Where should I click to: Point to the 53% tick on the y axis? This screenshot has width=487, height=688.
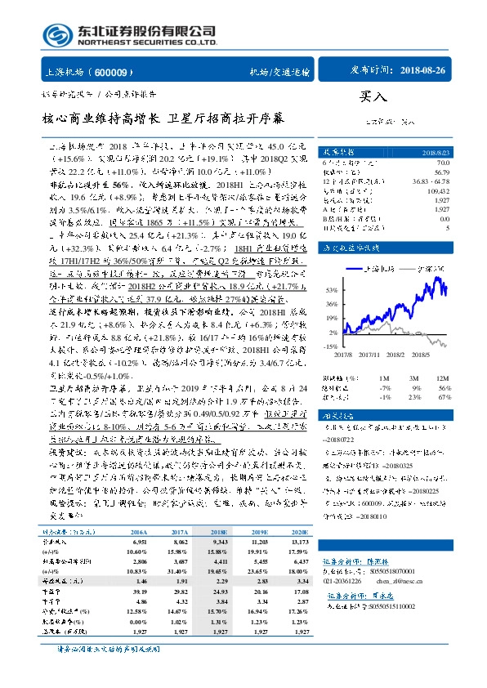click(x=332, y=290)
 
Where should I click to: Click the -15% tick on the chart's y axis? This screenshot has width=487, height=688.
click(x=331, y=346)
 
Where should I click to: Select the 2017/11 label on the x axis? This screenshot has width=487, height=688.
click(x=373, y=355)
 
